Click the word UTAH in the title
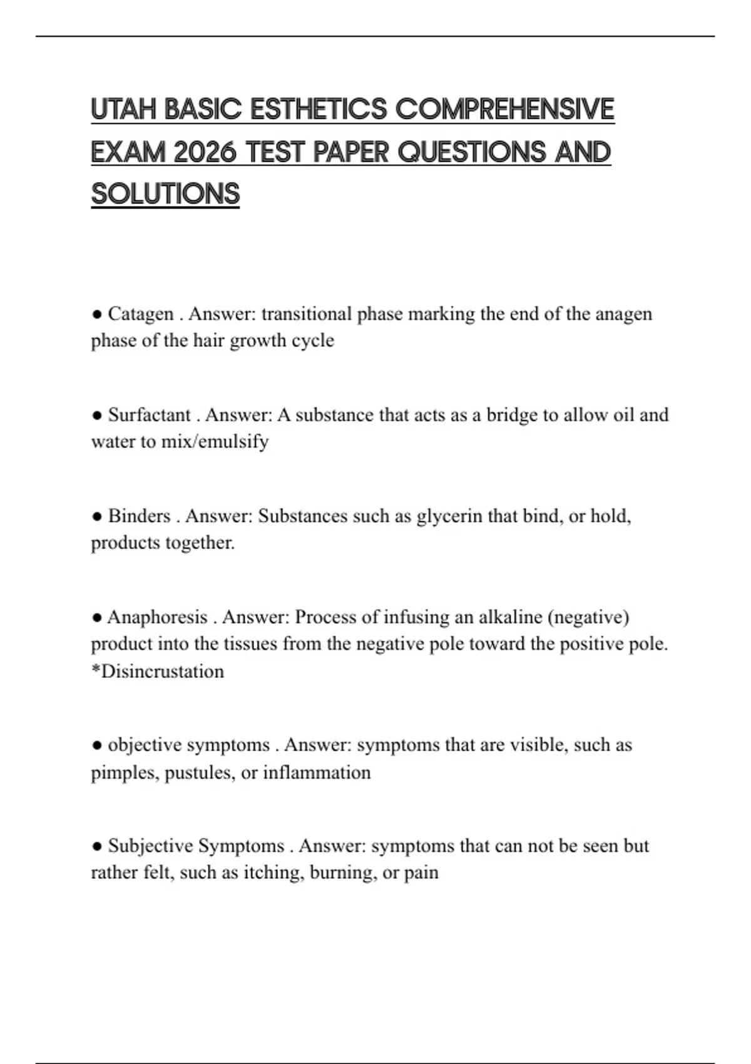(x=123, y=110)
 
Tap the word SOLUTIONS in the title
(x=165, y=194)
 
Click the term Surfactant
(x=149, y=415)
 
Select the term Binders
(x=139, y=516)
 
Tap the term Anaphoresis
(x=157, y=617)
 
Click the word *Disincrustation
(x=157, y=672)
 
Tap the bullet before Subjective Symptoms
(x=96, y=846)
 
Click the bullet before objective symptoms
(x=96, y=745)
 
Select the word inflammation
(x=317, y=772)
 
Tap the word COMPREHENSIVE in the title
(x=504, y=110)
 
